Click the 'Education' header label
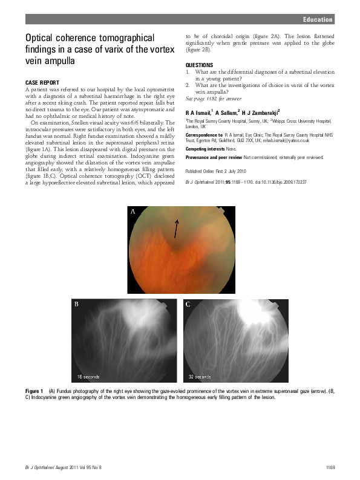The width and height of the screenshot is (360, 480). [x=318, y=19]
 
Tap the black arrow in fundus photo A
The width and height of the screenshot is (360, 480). [x=177, y=228]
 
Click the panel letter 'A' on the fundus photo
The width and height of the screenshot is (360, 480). [x=133, y=212]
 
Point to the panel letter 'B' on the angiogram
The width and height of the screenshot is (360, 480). [x=76, y=304]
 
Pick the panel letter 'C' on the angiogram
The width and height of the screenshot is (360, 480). [x=188, y=304]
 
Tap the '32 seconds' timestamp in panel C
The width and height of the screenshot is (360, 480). [x=199, y=377]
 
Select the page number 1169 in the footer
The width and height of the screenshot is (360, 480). [x=329, y=467]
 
